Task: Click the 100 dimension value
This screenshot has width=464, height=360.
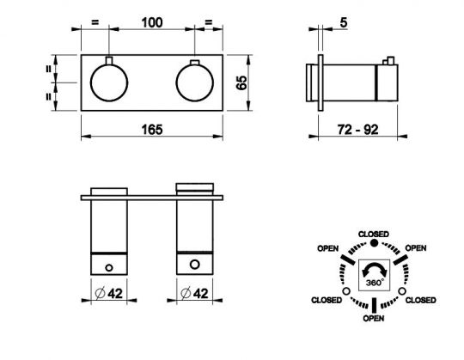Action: click(152, 23)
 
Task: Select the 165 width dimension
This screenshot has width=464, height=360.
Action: click(152, 130)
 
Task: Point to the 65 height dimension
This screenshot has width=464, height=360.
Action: click(241, 82)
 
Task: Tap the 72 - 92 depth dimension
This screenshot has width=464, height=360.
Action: click(357, 130)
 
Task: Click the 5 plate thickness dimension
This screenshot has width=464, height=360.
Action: click(344, 22)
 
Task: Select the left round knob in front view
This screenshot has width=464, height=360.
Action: click(109, 82)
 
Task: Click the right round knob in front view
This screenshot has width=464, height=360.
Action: click(195, 82)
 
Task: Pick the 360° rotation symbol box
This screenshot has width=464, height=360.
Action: click(375, 275)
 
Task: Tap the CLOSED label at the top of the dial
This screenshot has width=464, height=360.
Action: click(374, 235)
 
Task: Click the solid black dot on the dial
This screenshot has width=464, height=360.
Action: click(375, 243)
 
